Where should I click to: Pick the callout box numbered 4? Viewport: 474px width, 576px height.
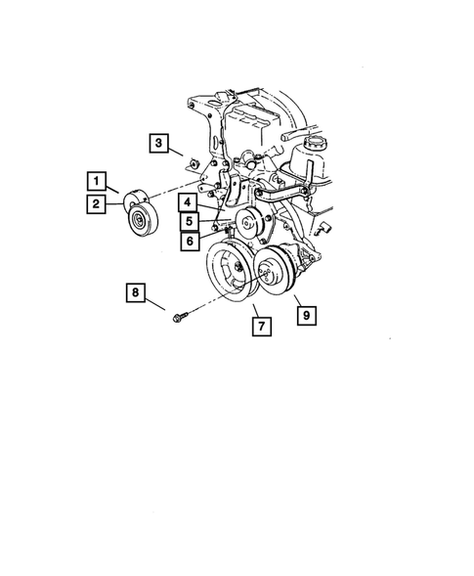tap(186, 202)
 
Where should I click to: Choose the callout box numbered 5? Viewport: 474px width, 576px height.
tap(186, 220)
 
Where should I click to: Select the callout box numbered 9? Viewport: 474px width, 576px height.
tap(306, 315)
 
